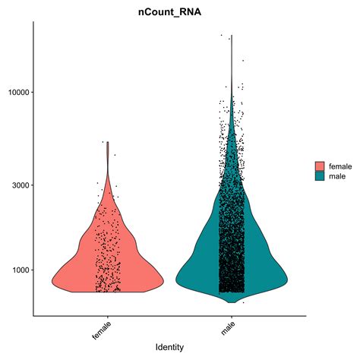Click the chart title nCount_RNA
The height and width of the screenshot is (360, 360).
[x=169, y=11]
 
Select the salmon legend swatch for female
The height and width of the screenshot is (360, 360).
[x=320, y=166]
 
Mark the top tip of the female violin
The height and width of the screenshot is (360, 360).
[x=107, y=142]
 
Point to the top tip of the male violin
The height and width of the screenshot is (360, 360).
[x=232, y=35]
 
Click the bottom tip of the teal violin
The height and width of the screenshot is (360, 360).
[x=232, y=302]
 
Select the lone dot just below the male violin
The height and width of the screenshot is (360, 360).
[x=243, y=302]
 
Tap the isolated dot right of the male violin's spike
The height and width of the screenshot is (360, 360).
[x=243, y=61]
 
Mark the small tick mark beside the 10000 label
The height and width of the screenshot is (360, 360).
[x=31, y=93]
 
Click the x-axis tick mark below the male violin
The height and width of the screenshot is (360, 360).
[x=232, y=317]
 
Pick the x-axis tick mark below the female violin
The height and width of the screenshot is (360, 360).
[x=107, y=317]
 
